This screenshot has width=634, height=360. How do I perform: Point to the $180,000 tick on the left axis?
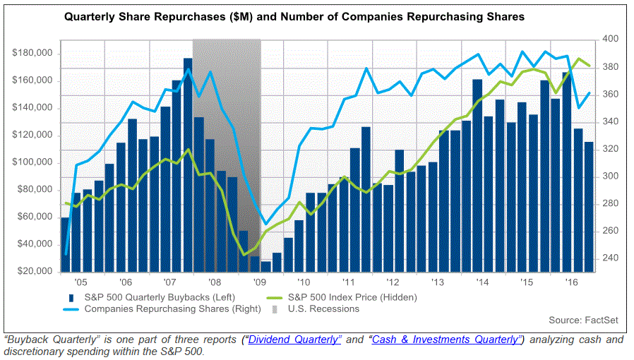33,53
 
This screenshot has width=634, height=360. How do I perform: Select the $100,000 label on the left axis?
33,162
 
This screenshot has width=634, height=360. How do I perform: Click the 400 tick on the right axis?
607,40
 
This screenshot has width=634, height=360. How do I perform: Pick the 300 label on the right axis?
607,176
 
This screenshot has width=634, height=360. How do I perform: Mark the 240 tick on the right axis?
607,258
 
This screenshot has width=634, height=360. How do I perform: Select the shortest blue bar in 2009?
265,266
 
